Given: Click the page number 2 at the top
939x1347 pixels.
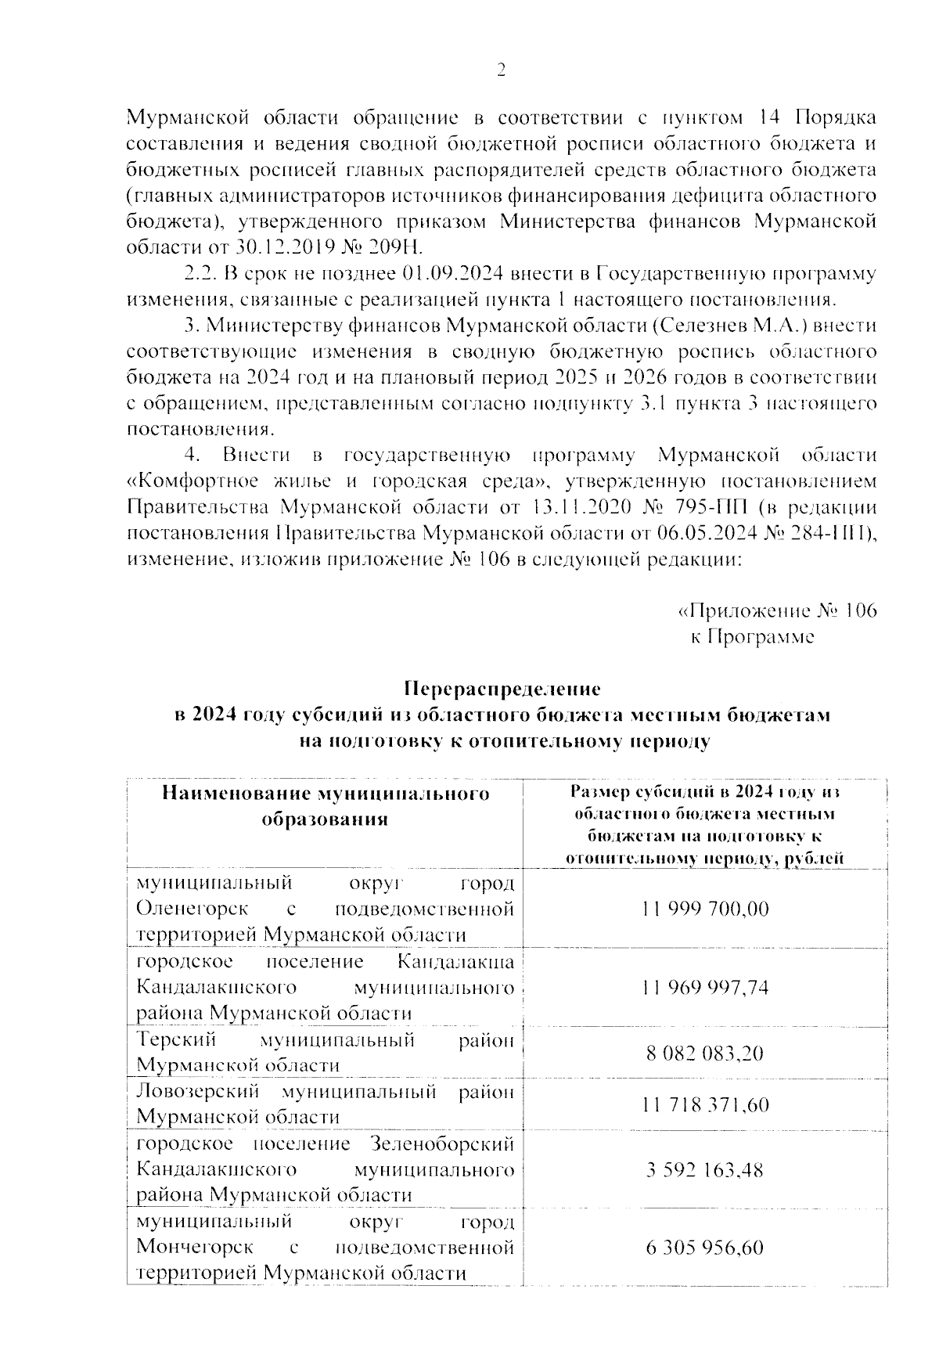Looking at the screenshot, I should pos(502,71).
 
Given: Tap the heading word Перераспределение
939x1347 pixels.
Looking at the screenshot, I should pos(502,690).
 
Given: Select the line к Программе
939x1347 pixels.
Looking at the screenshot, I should pos(752,636).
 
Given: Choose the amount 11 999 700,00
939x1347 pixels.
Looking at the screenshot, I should pos(705,909).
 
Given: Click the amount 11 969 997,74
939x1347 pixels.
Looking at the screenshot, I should pos(705,988).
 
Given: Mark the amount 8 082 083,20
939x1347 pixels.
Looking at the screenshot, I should pos(705,1053).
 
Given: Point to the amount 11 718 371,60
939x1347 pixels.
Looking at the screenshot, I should pos(705,1104).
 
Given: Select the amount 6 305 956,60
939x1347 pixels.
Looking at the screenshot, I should pos(705,1248).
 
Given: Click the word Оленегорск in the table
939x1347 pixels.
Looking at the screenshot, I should pos(192,909).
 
